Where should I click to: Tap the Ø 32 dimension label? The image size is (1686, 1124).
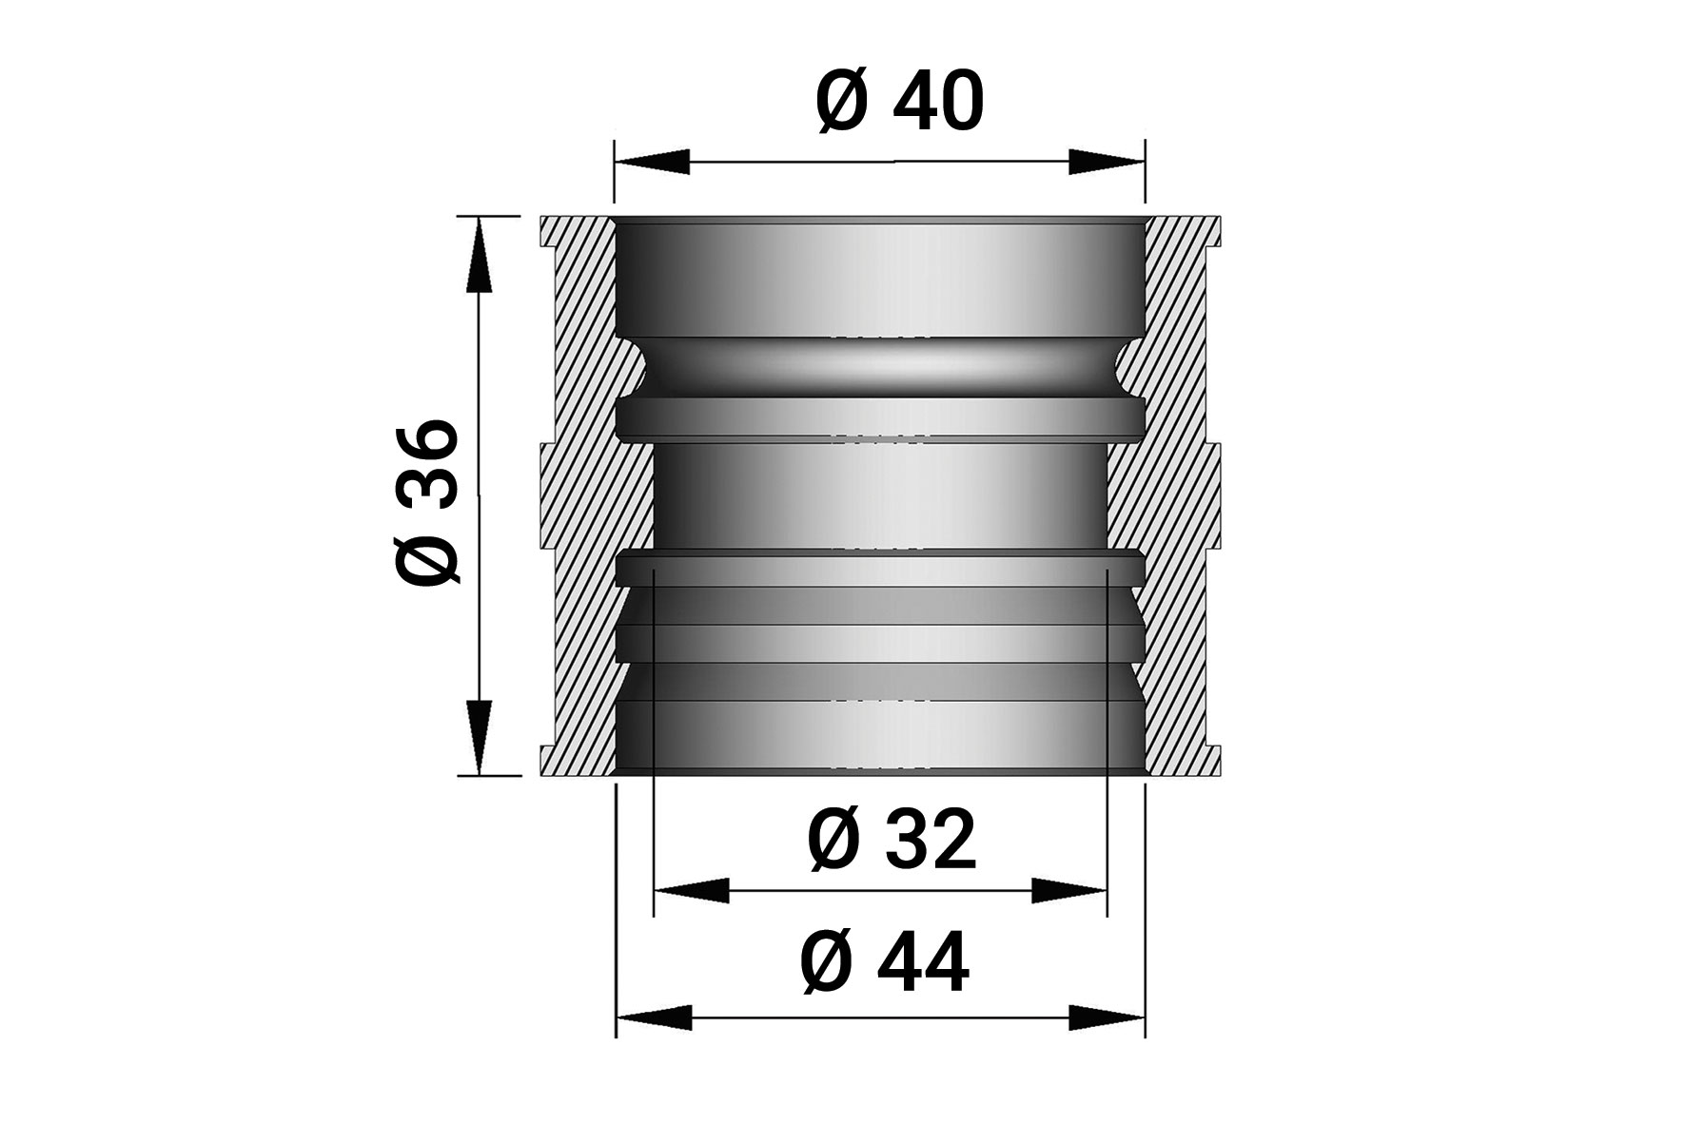point(892,842)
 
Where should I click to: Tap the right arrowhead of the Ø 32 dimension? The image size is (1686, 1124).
point(1069,890)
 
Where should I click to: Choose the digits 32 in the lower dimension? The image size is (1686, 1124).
point(931,842)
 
